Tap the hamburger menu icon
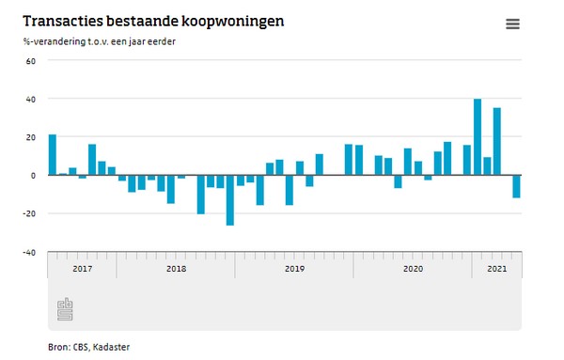pos(512,24)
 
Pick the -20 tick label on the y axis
pos(29,213)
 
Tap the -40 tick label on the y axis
pos(29,252)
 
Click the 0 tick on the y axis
pos(33,176)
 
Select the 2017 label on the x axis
pos(82,269)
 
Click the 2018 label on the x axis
pos(176,269)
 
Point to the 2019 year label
pos(294,269)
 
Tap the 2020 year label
pos(413,269)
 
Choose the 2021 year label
pos(496,269)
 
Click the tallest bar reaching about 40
pos(478,137)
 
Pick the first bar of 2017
pos(52,155)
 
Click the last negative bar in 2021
pos(516,186)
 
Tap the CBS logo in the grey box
pos(66,309)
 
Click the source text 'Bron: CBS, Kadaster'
pos(88,347)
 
